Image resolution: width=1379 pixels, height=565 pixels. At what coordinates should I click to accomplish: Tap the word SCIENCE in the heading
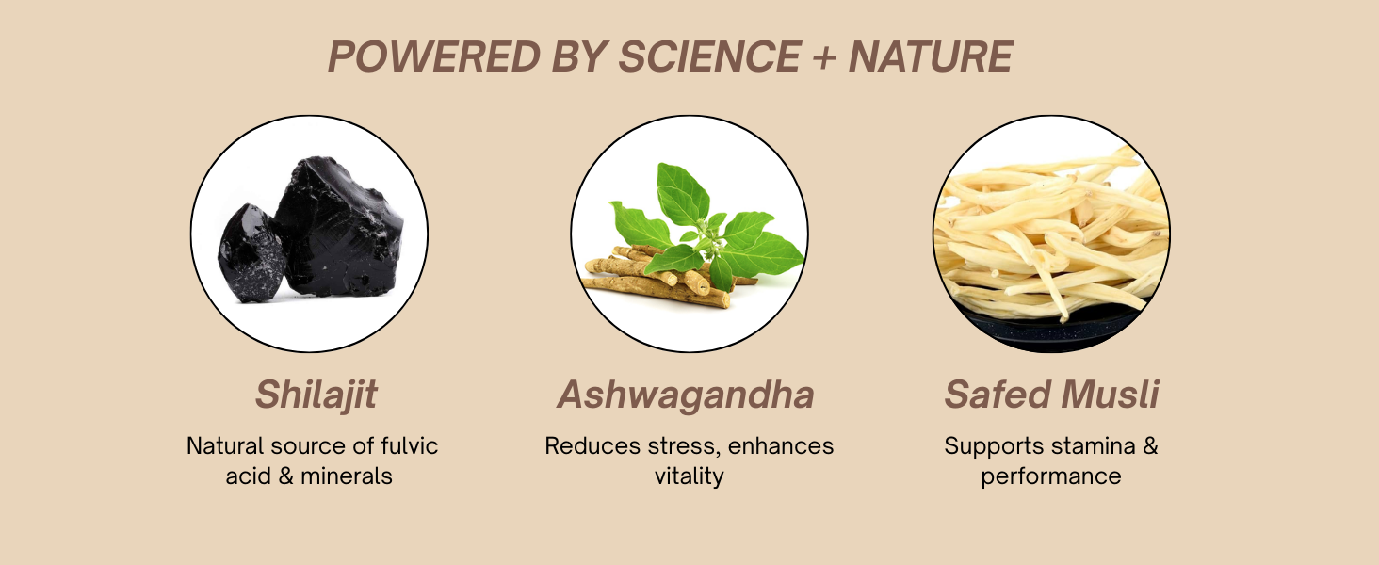pos(710,56)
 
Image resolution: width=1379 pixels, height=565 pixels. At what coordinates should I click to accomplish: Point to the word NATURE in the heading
pos(931,56)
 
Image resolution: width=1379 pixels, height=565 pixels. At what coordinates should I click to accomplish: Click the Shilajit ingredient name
pos(316,395)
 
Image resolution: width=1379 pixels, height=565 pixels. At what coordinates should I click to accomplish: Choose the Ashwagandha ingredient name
pos(686,395)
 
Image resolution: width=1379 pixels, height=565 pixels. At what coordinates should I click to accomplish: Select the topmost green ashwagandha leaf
pos(682,194)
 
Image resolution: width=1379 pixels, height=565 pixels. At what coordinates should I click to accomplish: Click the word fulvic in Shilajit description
pos(410,445)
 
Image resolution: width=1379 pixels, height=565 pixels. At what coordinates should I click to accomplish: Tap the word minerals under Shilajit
pos(347,476)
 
